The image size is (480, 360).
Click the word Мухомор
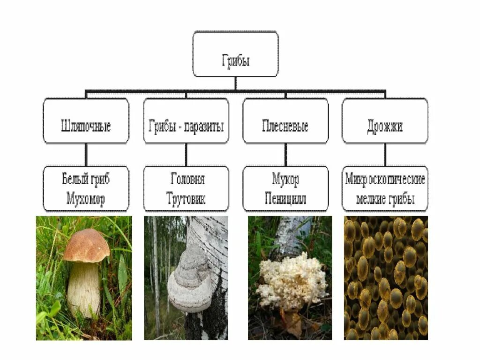(86, 198)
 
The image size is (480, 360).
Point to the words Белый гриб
(86, 179)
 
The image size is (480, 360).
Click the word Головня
(186, 179)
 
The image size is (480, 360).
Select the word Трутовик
(186, 198)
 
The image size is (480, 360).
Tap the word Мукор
(285, 179)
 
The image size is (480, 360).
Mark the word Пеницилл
(285, 198)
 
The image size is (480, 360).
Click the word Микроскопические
(385, 179)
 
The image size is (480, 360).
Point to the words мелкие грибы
(385, 198)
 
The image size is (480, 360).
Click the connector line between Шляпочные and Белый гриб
(86, 154)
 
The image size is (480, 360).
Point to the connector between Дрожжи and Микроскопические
(385, 154)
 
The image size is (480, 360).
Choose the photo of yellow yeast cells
(385, 277)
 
